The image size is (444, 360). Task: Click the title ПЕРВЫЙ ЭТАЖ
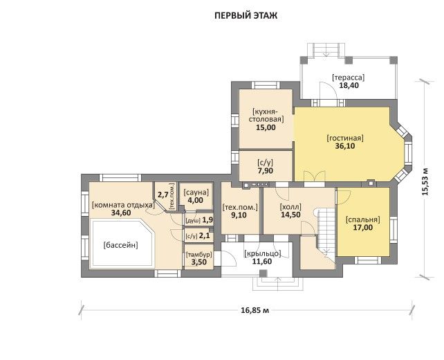coord(246,15)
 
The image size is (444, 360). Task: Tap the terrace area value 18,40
coord(349,85)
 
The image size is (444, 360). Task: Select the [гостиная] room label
coord(345,138)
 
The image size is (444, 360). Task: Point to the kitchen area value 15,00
coord(266,127)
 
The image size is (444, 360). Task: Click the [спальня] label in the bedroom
coord(362,219)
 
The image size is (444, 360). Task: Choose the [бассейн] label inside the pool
coord(120,245)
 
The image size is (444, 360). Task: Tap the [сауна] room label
coord(196,192)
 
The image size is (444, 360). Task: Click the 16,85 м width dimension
coord(255,310)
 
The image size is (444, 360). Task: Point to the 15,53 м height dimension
coord(425,182)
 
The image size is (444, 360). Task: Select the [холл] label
coord(290,206)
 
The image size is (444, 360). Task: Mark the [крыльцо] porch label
coord(263,253)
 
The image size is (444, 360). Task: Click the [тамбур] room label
coord(199,255)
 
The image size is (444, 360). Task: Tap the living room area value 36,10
coord(345,146)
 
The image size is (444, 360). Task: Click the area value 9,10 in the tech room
coord(239,215)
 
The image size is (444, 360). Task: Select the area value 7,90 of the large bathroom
coord(266,170)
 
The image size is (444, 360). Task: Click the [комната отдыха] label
coord(123,205)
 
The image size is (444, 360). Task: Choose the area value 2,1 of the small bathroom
coord(205,235)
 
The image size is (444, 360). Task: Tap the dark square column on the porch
coord(263,273)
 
